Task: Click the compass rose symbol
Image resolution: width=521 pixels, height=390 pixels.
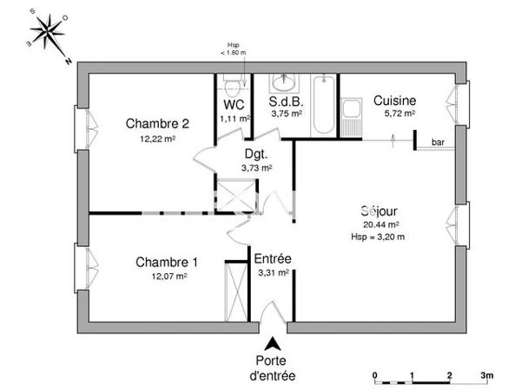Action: click(48, 33)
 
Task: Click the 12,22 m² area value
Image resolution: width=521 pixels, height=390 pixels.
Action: click(157, 139)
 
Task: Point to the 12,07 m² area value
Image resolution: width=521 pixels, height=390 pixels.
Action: click(168, 277)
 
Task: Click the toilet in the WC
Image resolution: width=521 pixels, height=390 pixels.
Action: click(231, 87)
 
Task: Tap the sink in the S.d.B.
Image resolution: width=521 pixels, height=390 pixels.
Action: click(284, 83)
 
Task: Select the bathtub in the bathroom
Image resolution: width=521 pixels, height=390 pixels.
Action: click(323, 106)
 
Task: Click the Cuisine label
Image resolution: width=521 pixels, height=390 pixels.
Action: click(394, 100)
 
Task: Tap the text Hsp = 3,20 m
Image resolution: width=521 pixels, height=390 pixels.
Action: click(378, 236)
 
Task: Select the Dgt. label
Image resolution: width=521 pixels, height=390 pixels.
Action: click(255, 153)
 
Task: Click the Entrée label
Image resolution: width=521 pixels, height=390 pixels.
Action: click(272, 259)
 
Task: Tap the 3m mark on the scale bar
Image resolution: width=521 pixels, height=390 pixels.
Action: click(487, 375)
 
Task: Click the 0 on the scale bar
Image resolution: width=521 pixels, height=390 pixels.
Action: click(375, 375)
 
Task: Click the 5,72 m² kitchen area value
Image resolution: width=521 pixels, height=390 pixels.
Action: click(399, 114)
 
